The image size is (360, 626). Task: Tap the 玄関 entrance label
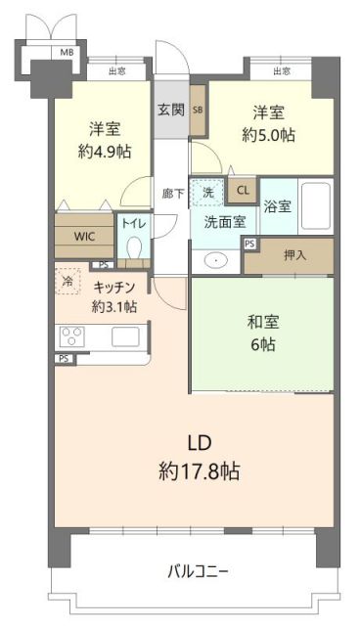click(170, 108)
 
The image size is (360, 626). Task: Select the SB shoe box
click(198, 110)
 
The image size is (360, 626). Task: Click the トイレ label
click(132, 223)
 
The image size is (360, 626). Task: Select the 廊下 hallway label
click(171, 193)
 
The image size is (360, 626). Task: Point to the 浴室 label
click(277, 205)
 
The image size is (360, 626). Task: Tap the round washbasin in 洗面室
click(216, 260)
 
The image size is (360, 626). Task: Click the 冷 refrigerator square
click(68, 280)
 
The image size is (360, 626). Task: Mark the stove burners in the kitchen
click(72, 335)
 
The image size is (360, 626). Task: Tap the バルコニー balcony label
click(198, 569)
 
